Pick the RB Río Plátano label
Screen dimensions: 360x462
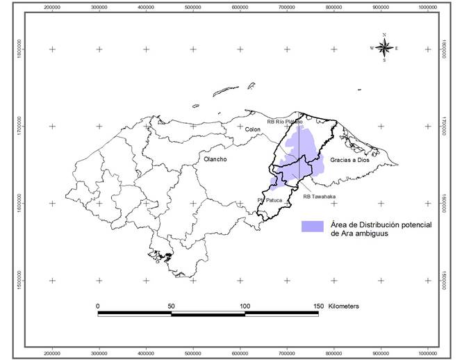click(286, 122)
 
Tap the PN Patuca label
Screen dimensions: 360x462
click(270, 200)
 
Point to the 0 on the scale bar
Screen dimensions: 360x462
click(98, 305)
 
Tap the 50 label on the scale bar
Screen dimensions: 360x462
click(171, 305)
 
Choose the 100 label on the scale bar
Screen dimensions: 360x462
click(245, 305)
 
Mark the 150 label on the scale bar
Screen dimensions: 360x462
click(318, 305)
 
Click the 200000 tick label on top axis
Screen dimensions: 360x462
click(53, 7)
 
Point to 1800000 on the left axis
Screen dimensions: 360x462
click(22, 49)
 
